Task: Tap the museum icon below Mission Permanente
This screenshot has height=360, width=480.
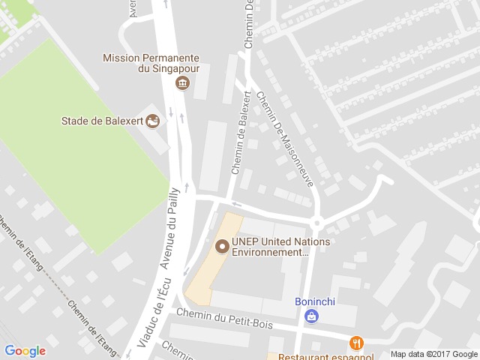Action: (181, 82)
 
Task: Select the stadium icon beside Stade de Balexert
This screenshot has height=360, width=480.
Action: (153, 120)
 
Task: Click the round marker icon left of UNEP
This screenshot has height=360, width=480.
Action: (222, 245)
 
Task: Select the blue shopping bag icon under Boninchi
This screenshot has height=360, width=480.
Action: (310, 317)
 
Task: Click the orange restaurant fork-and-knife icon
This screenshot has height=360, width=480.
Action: (356, 343)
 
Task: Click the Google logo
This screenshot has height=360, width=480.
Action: (25, 350)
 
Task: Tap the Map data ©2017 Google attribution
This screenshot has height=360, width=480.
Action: (433, 354)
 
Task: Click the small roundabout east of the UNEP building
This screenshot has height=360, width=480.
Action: (316, 222)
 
